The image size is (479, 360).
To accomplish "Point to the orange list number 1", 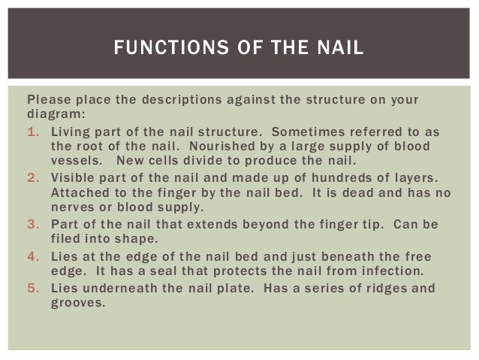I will (x=32, y=132).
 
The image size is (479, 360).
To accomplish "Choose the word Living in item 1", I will (x=70, y=132).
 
